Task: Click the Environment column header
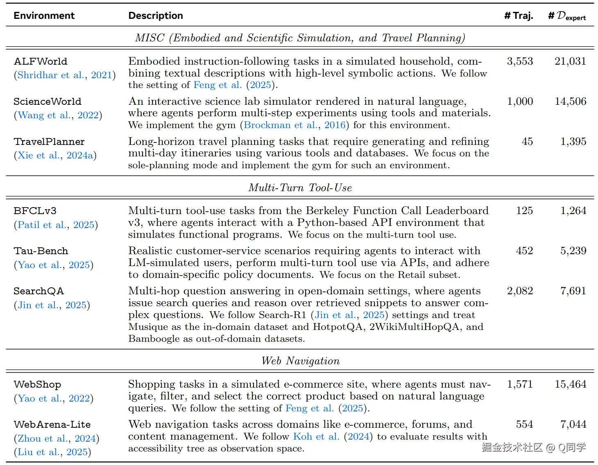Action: (x=44, y=16)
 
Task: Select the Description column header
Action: (x=155, y=16)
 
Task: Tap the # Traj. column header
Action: (x=518, y=16)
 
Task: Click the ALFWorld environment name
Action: (x=40, y=61)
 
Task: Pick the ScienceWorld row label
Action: (x=47, y=102)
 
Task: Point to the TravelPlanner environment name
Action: (x=49, y=142)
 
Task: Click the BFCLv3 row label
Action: (x=35, y=211)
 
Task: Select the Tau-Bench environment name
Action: (x=41, y=251)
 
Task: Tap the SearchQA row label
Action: (x=39, y=291)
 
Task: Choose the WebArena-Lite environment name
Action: (x=52, y=424)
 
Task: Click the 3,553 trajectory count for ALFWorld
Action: (x=519, y=61)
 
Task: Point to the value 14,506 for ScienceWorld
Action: (x=570, y=102)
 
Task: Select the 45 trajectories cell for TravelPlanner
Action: (x=527, y=142)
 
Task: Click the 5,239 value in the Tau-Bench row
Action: (x=573, y=251)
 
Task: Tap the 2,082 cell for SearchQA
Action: (x=519, y=291)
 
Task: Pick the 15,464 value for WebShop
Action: (x=570, y=384)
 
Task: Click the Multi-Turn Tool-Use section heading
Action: (x=300, y=188)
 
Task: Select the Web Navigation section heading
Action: (x=300, y=361)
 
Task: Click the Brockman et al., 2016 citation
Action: (x=294, y=125)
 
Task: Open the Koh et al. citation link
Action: (x=316, y=436)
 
